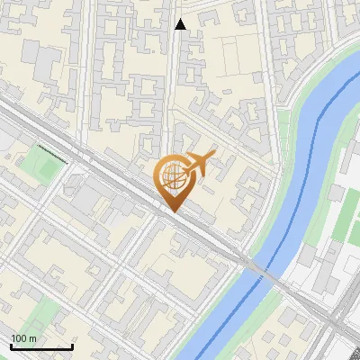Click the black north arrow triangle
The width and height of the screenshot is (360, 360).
click(180, 24)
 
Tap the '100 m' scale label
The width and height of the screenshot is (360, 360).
click(23, 338)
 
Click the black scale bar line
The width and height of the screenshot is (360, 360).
click(41, 346)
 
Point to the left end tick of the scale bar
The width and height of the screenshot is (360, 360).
click(11, 346)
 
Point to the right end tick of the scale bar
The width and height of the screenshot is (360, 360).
click(72, 346)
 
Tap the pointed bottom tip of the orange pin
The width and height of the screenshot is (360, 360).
click(173, 211)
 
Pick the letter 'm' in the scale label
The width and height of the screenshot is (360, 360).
click(32, 338)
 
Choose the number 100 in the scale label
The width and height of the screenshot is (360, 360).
click(18, 338)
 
